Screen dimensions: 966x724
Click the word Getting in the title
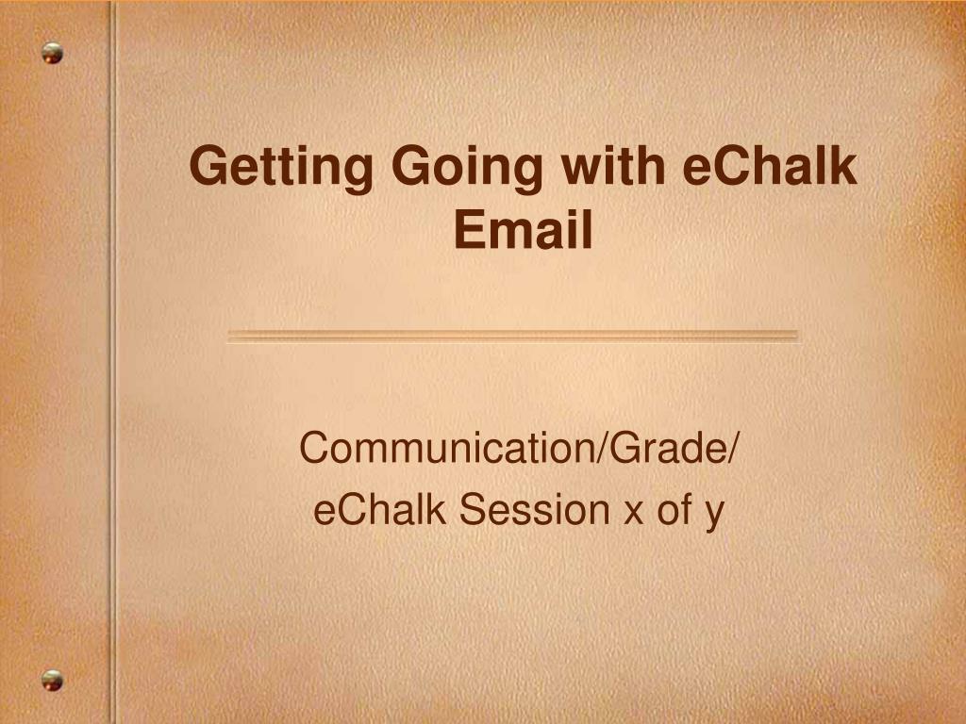point(281,169)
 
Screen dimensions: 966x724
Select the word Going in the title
point(467,169)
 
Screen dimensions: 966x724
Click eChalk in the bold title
point(770,165)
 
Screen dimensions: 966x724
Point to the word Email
point(523,229)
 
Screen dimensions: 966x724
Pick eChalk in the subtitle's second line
point(379,509)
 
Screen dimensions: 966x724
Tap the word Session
point(535,509)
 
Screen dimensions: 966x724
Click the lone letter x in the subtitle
point(633,514)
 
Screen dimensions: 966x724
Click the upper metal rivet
point(53,53)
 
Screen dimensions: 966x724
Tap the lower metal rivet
point(53,681)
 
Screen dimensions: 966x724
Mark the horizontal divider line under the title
point(513,337)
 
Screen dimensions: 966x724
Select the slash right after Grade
point(731,448)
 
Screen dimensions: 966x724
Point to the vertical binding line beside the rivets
point(113,362)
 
